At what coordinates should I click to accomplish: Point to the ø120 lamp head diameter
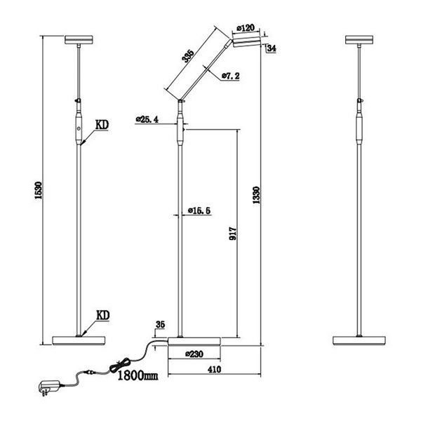coord(246,28)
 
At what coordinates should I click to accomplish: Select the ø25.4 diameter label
coord(147,120)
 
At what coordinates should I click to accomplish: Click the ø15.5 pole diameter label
coord(200,210)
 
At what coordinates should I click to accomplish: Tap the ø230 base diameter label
coord(194,354)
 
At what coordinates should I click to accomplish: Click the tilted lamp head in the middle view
coord(247,42)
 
